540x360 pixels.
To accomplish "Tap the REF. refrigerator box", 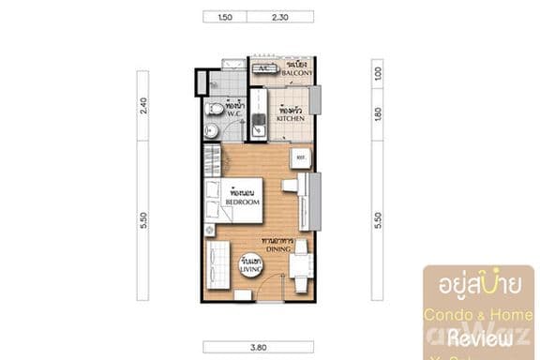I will click(301, 157).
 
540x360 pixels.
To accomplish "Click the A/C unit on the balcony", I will click(264, 68).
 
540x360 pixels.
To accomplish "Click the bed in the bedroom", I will click(234, 199).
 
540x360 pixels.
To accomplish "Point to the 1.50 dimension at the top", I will click(225, 17).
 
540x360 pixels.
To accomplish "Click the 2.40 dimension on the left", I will click(143, 106).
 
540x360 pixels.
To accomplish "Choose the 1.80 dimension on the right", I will click(379, 113).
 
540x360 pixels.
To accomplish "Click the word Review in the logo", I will click(477, 337).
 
